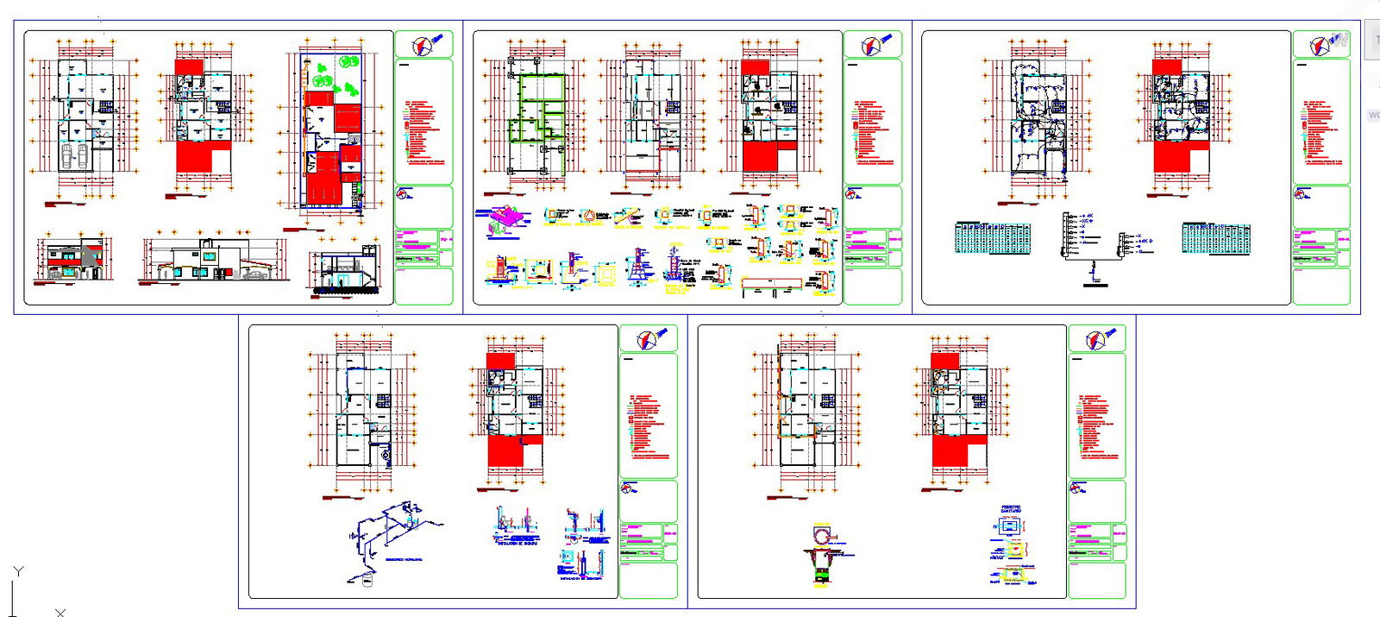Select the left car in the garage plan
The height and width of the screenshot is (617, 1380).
(x=66, y=155)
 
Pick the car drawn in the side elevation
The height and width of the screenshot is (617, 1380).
(x=256, y=275)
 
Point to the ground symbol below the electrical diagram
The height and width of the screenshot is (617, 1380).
(x=1094, y=283)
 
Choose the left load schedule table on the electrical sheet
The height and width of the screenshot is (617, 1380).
(x=992, y=238)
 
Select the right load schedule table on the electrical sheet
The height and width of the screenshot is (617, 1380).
(x=1216, y=238)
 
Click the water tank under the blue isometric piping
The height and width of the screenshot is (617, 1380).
(x=366, y=582)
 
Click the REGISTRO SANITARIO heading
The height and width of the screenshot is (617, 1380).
(x=1011, y=509)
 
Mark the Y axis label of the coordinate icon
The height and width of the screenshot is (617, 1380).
(x=18, y=571)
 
